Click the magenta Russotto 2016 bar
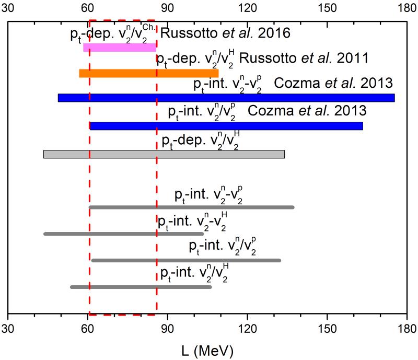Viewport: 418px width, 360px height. coord(119,48)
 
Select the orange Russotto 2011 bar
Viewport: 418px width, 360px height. coord(148,73)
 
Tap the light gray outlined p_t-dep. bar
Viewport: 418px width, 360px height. coord(164,154)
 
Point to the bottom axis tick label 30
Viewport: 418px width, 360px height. coord(8,330)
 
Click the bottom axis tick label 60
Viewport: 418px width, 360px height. coord(88,330)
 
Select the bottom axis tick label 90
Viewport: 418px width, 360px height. coord(168,330)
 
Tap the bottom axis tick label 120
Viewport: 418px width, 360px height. coord(247,330)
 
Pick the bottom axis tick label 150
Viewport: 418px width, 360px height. coord(327,330)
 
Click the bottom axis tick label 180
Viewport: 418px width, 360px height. coord(407,330)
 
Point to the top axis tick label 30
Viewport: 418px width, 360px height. coord(8,9)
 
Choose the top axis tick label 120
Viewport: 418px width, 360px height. coord(247,9)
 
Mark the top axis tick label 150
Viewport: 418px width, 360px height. coord(327,9)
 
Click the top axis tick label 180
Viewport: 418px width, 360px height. coord(407,9)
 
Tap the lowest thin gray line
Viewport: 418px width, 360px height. coord(141,287)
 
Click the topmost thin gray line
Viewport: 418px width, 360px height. coord(191,207)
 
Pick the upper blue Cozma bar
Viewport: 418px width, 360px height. coord(226,98)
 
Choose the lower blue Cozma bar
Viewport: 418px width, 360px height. coord(226,125)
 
